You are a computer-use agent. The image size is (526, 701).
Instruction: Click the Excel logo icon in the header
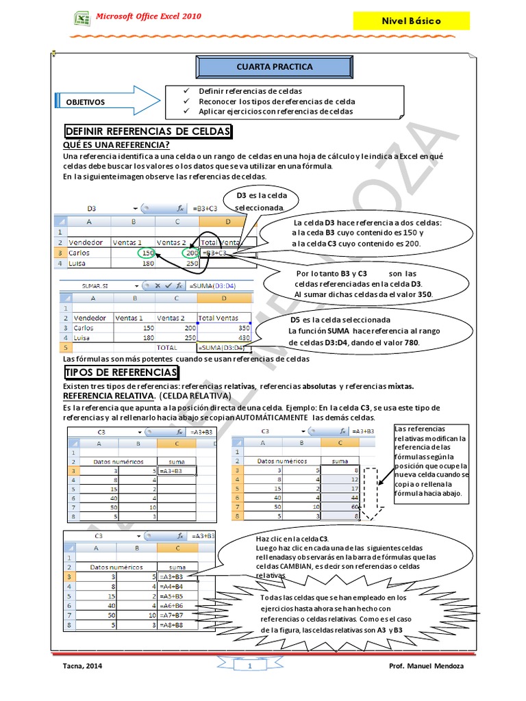pyautogui.click(x=82, y=18)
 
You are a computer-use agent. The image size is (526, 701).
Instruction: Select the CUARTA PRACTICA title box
pyautogui.click(x=264, y=67)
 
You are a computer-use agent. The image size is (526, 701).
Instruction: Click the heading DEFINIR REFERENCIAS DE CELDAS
pyautogui.click(x=148, y=131)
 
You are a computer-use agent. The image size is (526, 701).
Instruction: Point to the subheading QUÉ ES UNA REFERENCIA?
pyautogui.click(x=116, y=144)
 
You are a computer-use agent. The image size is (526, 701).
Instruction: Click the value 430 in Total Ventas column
pyautogui.click(x=243, y=338)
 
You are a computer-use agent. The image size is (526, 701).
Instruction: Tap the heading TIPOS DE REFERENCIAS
pyautogui.click(x=121, y=372)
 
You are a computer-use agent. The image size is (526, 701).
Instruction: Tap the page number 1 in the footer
pyautogui.click(x=250, y=666)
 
